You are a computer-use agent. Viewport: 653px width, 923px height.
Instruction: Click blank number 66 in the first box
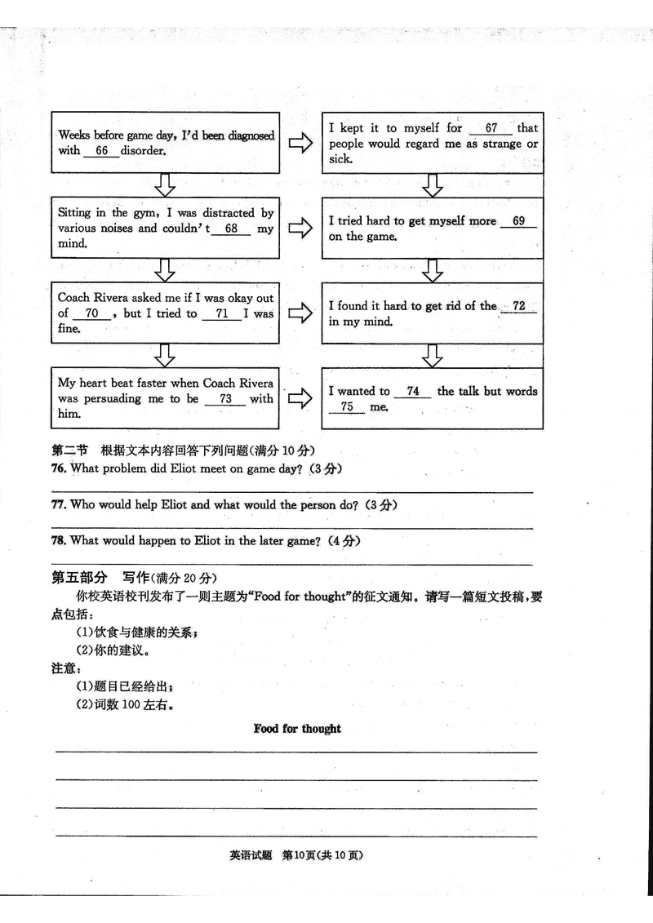102,151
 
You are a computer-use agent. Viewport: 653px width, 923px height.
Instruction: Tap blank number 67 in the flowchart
491,128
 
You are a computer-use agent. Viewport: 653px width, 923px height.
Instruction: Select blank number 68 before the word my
232,229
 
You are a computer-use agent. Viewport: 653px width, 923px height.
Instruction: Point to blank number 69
518,221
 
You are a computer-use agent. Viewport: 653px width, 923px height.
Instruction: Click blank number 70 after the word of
91,313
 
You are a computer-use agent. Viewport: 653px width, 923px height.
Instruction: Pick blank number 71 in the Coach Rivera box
221,313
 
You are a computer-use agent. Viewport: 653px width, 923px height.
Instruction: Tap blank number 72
518,306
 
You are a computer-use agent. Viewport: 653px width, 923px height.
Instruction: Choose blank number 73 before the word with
226,398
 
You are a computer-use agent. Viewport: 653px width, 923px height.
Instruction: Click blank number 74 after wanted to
413,391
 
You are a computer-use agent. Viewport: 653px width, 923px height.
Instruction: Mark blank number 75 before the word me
347,406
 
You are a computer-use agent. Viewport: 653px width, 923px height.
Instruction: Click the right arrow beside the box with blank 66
300,144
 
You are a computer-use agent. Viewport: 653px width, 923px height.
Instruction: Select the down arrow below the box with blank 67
433,185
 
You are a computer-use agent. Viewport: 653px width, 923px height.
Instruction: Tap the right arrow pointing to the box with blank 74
300,399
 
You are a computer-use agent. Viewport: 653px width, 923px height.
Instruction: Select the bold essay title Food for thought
297,729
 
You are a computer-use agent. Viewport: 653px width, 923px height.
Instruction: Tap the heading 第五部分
79,578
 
